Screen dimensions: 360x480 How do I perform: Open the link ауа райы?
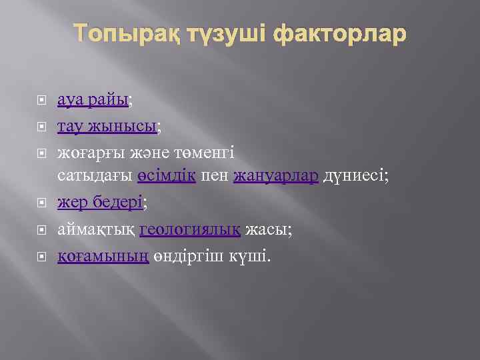point(93,100)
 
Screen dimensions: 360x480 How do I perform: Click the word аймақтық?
point(97,229)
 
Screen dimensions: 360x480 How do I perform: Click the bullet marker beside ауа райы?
point(41,101)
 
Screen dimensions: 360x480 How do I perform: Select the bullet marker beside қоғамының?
point(41,255)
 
